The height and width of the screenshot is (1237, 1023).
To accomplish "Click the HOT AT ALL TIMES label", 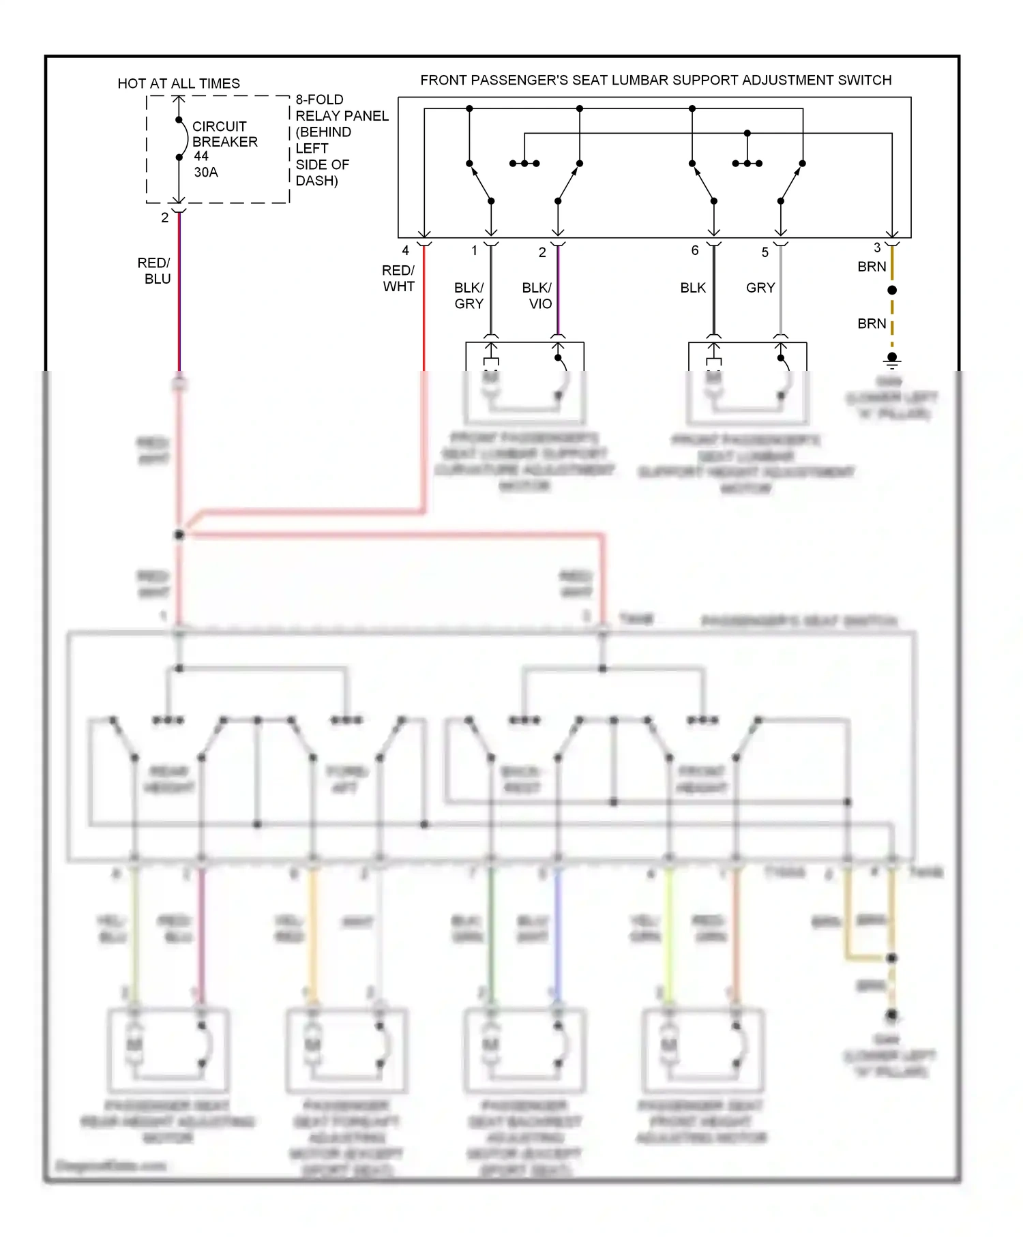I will point(179,83).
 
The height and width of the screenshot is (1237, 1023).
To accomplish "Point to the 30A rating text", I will point(206,173).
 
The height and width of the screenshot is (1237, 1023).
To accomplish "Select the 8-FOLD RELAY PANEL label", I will point(341,108).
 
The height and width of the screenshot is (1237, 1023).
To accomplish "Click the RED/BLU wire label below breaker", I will point(155,271).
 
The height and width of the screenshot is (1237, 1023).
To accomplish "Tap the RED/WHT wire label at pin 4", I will point(398,278).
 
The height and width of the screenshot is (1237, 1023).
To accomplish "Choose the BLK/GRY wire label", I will point(469,295).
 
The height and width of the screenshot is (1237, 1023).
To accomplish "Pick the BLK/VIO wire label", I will point(538,295).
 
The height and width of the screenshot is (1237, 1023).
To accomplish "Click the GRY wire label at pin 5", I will point(760,288).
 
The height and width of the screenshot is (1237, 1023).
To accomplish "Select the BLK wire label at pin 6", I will point(693,288).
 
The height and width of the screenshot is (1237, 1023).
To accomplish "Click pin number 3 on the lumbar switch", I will point(877,248).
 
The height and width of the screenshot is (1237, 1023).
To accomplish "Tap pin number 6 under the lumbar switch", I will point(695,250).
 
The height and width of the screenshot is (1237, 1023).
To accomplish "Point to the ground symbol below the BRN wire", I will point(892,359).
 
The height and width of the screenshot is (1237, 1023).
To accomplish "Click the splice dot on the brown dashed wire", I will point(892,290).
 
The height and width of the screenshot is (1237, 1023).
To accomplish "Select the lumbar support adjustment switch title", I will point(655,80).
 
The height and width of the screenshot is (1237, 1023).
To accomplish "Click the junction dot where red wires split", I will point(179,535).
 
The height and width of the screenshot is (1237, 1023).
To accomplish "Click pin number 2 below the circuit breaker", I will point(165,218).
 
